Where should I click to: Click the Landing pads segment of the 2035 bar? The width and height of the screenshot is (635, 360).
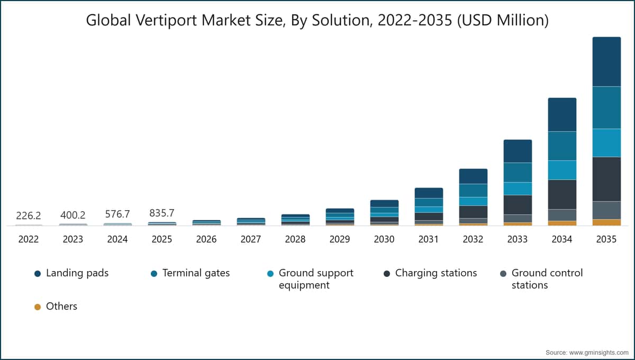pyautogui.click(x=606, y=61)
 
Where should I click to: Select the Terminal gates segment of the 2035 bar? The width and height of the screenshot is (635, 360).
pyautogui.click(x=606, y=107)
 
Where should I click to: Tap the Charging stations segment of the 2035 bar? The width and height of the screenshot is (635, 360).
pyautogui.click(x=606, y=179)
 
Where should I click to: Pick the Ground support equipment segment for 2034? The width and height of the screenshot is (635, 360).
pyautogui.click(x=561, y=170)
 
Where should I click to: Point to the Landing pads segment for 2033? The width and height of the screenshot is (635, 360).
pyautogui.click(x=517, y=151)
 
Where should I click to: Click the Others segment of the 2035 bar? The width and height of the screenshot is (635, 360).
pyautogui.click(x=606, y=222)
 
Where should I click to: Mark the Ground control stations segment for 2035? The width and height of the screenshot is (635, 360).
pyautogui.click(x=606, y=210)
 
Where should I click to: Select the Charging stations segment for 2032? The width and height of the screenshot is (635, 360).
pyautogui.click(x=473, y=212)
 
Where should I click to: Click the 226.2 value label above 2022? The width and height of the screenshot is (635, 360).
pyautogui.click(x=29, y=215)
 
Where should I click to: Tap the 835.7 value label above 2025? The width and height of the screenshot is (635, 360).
pyautogui.click(x=162, y=213)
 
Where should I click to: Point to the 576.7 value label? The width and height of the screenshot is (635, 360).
pyautogui.click(x=117, y=214)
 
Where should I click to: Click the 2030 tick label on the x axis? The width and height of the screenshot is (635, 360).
pyautogui.click(x=384, y=239)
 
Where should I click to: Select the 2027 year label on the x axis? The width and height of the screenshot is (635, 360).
pyautogui.click(x=251, y=239)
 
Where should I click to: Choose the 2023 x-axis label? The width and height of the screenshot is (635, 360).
pyautogui.click(x=73, y=239)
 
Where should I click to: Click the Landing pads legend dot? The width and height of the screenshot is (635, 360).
pyautogui.click(x=38, y=274)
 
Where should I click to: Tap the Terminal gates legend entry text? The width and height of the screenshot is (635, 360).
pyautogui.click(x=196, y=273)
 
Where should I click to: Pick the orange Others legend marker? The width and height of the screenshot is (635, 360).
pyautogui.click(x=38, y=307)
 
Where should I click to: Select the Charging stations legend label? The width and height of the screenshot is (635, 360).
pyautogui.click(x=436, y=273)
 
